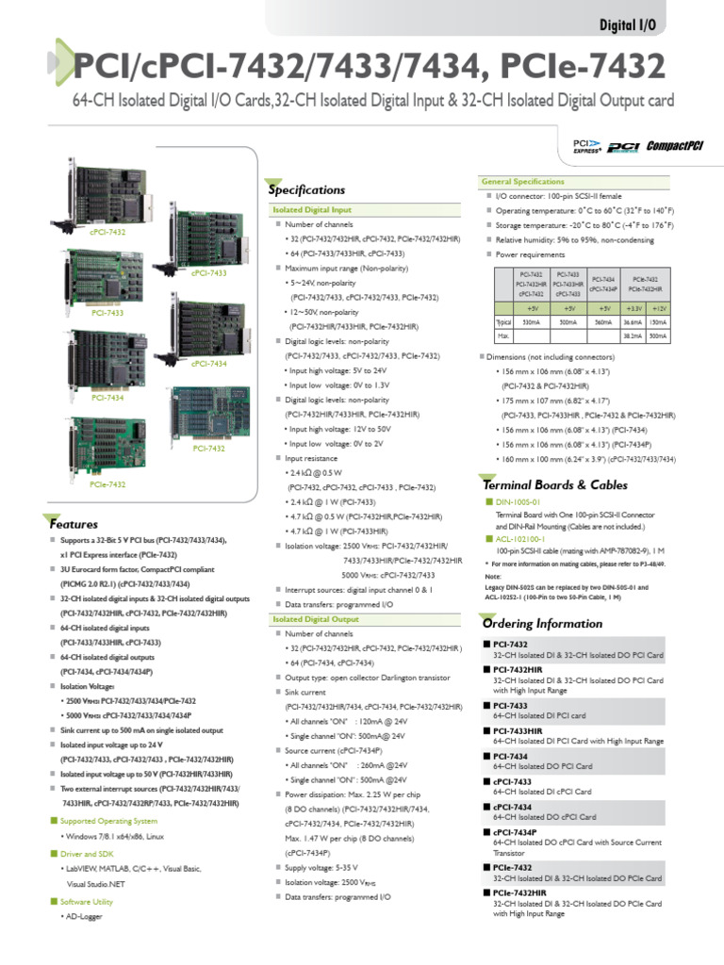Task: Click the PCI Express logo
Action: pyautogui.click(x=586, y=144)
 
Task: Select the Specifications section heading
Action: pyautogui.click(x=308, y=189)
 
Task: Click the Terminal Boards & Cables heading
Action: pyautogui.click(x=541, y=483)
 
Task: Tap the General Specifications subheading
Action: pyautogui.click(x=522, y=180)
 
